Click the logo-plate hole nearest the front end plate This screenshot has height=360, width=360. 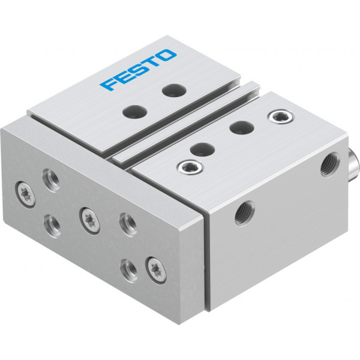(x=135, y=112)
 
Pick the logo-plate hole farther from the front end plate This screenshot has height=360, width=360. (x=174, y=91)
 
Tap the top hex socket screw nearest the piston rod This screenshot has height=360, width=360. (x=281, y=116)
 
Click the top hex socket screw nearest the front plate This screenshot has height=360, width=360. (x=191, y=167)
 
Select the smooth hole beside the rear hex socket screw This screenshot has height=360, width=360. (x=242, y=127)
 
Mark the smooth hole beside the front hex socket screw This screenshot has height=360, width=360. (x=202, y=149)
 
